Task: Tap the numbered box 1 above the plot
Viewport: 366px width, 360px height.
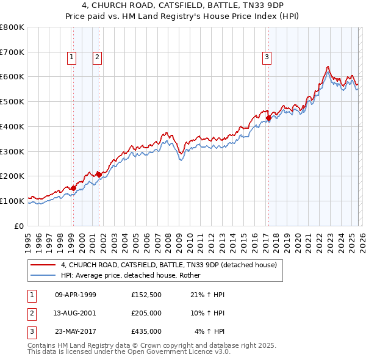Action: coord(72,58)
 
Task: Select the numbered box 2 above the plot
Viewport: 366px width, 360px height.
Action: coord(97,58)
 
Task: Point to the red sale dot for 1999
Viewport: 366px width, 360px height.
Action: coord(73,188)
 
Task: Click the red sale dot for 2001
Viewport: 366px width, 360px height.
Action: coord(99,175)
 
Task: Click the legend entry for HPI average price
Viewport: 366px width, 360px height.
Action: coord(135,275)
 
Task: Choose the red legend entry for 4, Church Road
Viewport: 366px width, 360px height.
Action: coord(168,265)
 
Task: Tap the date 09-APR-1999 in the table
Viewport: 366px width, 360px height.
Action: coord(76,295)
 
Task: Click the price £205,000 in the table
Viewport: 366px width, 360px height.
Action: coord(146,313)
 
